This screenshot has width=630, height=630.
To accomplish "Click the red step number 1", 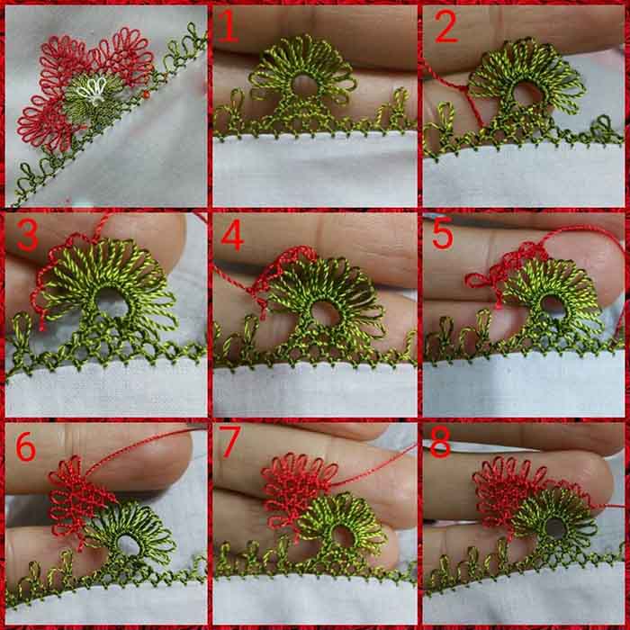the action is coord(228,26).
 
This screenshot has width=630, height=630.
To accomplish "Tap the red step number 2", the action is coord(446,26).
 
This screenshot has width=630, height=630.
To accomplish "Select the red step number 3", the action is coord(27,236).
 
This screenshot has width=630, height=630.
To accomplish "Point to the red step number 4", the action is coord(232,236).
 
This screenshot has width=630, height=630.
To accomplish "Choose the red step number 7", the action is coord(229,442).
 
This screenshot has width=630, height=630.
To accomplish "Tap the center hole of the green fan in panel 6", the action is coord(129,544).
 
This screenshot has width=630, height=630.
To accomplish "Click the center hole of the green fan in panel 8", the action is coord(555,528).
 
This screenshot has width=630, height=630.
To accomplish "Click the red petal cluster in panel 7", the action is coord(297,488).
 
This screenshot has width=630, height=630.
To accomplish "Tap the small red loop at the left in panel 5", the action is coord(476,280).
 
